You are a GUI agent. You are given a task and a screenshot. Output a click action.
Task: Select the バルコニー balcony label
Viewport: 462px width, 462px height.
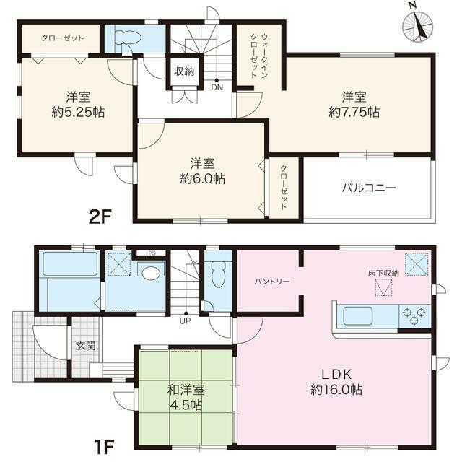368,188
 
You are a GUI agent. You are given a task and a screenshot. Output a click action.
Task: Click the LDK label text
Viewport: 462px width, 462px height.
337,375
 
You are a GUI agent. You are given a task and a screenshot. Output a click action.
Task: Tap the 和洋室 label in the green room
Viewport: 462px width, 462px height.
184,390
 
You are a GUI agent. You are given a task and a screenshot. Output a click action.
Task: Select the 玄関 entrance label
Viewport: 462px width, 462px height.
85,346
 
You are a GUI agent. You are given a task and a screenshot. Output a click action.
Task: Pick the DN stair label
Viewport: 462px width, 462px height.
217,88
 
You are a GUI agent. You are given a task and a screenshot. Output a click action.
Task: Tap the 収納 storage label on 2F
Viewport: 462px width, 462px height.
183,71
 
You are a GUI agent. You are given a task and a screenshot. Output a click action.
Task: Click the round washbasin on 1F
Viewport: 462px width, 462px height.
149,273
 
